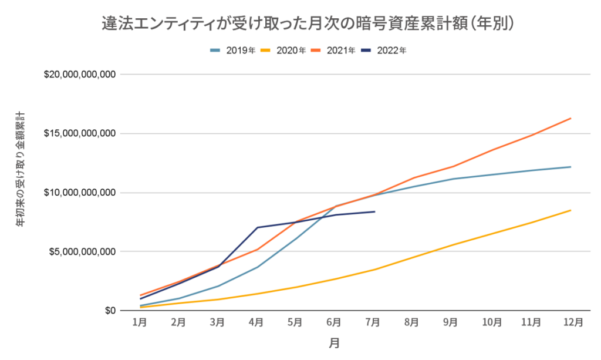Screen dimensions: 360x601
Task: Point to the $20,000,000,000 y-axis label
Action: point(80,75)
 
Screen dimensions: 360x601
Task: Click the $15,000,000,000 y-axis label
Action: point(80,133)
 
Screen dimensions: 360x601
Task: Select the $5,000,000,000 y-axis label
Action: point(83,251)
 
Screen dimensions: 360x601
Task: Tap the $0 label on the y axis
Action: point(109,311)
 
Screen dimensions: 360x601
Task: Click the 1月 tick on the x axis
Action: point(140,322)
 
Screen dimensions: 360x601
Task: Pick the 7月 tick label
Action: point(374,322)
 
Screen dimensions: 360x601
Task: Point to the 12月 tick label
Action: point(570,322)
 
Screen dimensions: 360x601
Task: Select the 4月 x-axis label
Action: point(256,322)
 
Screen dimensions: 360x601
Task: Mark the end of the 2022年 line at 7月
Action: point(374,211)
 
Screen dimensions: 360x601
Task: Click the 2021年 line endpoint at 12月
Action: point(570,118)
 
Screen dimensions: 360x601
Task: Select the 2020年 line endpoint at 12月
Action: point(570,210)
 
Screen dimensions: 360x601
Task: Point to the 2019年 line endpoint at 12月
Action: point(570,167)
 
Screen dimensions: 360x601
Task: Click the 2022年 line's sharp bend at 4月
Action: point(257,227)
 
